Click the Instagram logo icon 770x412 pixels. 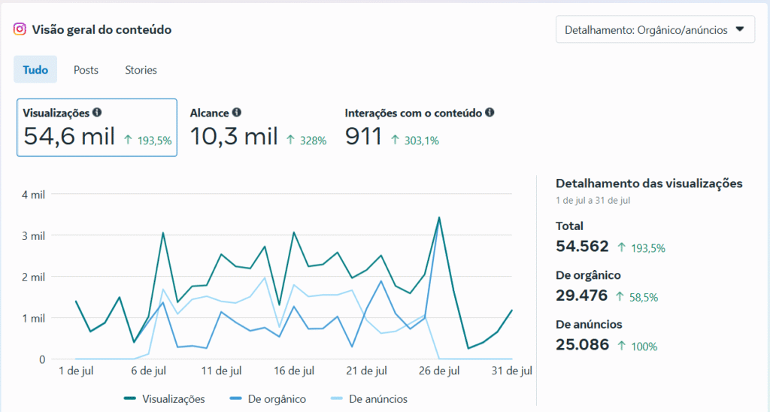pos(20,29)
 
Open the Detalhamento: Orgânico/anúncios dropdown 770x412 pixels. pos(655,29)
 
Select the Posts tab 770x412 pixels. pos(86,70)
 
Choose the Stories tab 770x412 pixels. pos(141,70)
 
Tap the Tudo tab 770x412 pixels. pos(35,69)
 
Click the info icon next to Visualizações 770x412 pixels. pos(97,113)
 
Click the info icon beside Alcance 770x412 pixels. pos(237,113)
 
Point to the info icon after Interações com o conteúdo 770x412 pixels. pos(490,113)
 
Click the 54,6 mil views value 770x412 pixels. pos(69,136)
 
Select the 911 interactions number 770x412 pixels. pos(363,136)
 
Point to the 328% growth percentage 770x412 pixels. pos(314,141)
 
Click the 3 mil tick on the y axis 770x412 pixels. pos(33,236)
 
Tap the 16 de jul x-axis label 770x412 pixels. pos(294,371)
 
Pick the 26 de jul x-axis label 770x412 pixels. pos(439,371)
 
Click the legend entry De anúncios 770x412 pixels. pos(369,399)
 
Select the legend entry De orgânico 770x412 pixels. pos(268,399)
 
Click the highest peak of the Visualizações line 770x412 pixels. pos(439,217)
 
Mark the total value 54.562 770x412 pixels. pos(582,246)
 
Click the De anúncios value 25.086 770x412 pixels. pos(583,345)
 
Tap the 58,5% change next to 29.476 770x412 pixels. pos(644,298)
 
